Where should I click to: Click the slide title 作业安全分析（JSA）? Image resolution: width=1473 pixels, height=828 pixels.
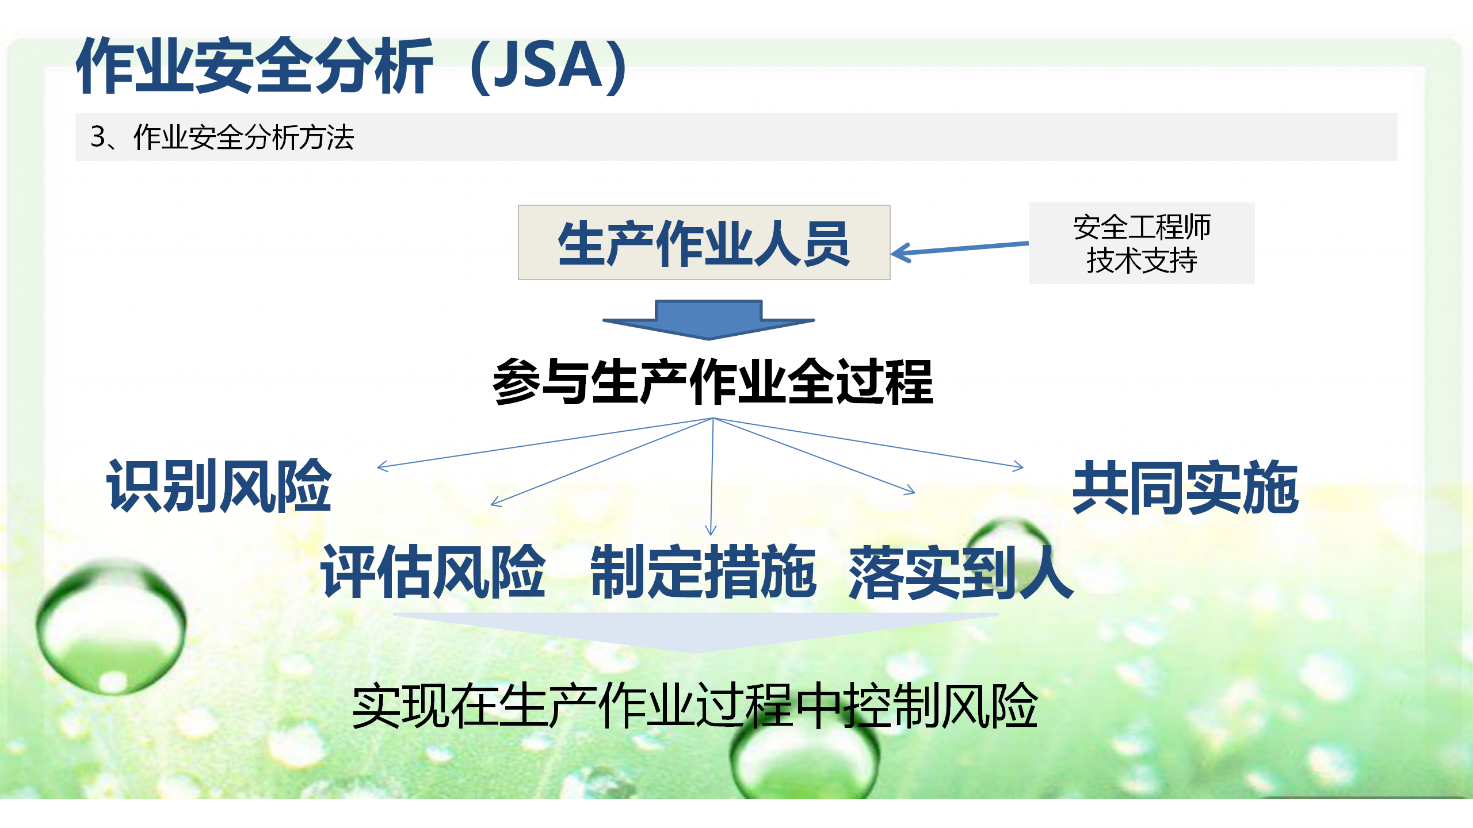[x=352, y=66]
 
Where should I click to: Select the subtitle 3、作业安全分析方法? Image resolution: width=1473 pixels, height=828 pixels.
[x=222, y=137]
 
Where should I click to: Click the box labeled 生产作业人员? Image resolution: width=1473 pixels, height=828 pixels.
[x=704, y=243]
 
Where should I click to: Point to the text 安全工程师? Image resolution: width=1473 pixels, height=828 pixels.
[x=1142, y=227]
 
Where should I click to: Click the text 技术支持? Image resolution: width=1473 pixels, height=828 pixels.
[x=1142, y=260]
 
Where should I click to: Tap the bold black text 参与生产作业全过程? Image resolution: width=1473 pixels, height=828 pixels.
[x=712, y=382]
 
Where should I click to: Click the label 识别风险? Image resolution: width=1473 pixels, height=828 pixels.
[x=219, y=486]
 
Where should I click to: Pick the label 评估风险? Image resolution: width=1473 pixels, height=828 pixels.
[x=433, y=572]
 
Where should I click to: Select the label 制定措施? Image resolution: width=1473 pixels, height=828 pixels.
[x=703, y=572]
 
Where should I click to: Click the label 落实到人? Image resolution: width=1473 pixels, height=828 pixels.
[x=961, y=573]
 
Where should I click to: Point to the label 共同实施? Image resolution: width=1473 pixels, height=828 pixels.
[x=1185, y=488]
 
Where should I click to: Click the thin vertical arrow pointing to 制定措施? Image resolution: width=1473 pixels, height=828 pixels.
[x=712, y=477]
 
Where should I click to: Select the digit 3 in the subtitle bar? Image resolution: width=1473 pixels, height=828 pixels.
[x=98, y=137]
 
